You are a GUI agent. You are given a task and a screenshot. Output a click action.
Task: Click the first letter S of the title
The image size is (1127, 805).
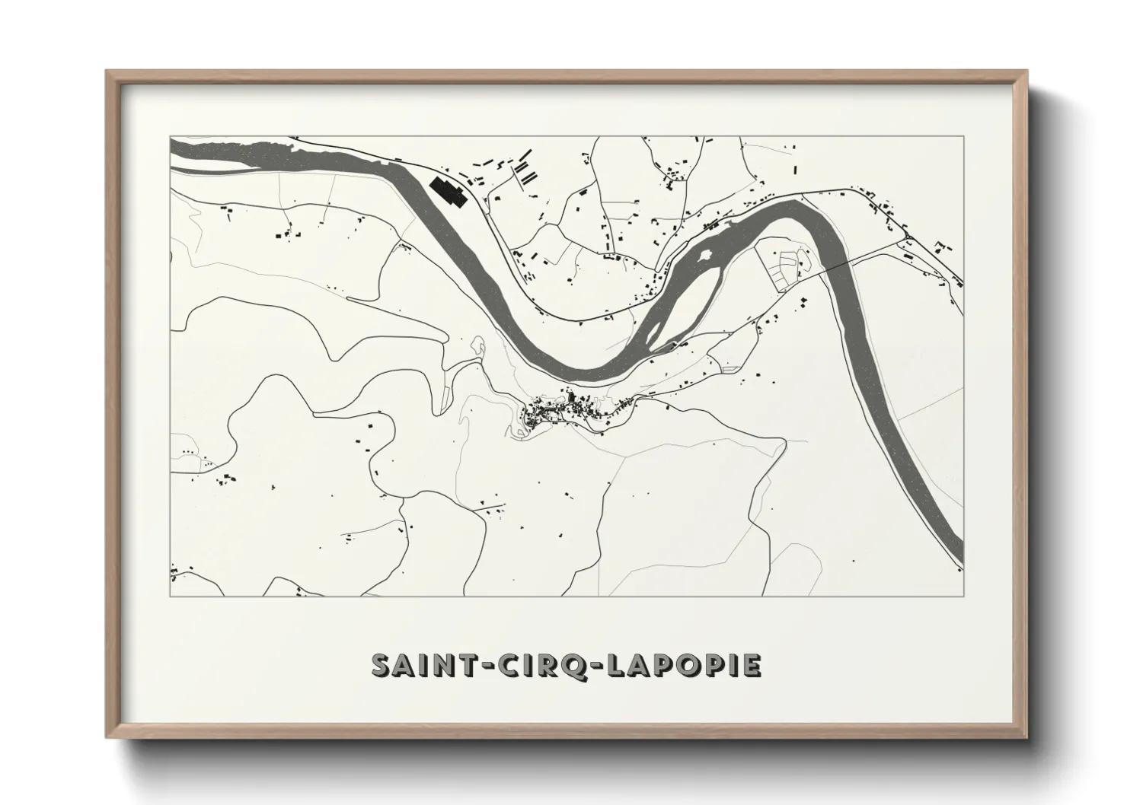(382, 665)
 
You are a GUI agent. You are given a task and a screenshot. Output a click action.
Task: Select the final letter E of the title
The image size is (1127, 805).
(751, 665)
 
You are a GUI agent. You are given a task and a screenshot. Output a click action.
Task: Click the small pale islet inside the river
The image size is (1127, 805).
(705, 255)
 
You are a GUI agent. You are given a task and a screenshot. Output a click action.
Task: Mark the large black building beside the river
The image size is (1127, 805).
(448, 192)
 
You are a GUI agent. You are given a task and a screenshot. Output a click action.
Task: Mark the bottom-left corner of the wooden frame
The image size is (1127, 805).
(107, 737)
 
